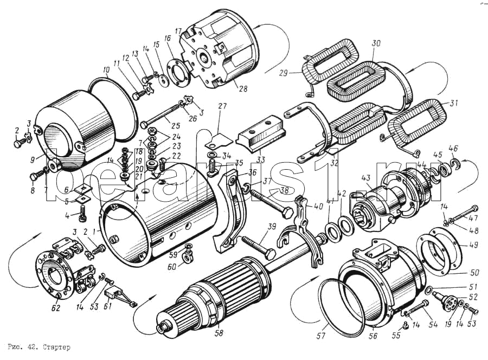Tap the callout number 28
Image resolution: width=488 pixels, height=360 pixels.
(x=236, y=88)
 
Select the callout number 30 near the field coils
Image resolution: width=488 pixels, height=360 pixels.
(x=376, y=43)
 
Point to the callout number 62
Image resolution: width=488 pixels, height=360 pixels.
(x=55, y=309)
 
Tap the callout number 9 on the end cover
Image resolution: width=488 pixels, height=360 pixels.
(x=34, y=159)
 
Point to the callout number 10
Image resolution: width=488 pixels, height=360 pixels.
(x=105, y=70)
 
